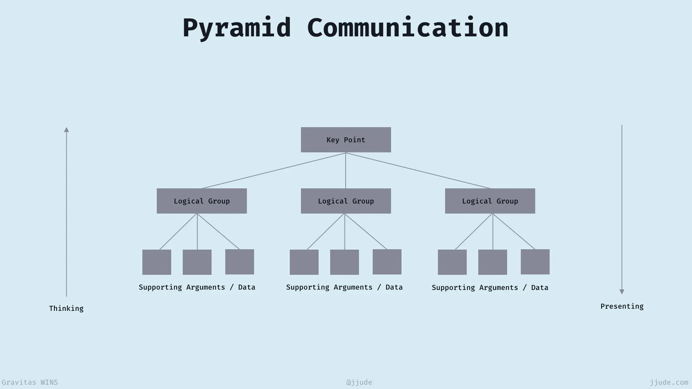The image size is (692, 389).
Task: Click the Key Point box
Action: click(x=346, y=140)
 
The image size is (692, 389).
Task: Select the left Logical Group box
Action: click(x=202, y=201)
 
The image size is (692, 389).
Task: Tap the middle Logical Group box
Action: click(x=346, y=201)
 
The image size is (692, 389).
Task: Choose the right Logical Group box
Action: click(x=490, y=201)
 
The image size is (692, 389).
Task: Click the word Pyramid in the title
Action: click(x=236, y=28)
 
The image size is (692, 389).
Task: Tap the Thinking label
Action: click(x=66, y=309)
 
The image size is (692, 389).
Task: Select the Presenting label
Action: click(x=622, y=307)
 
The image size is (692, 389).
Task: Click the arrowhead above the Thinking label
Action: click(x=66, y=130)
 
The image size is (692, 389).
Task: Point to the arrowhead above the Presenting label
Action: click(x=622, y=292)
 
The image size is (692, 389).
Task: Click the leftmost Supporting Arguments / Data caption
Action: click(x=197, y=287)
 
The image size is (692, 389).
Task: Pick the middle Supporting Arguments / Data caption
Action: click(x=345, y=287)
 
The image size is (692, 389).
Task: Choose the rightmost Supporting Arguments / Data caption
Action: click(x=490, y=288)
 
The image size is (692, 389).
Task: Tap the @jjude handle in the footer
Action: click(x=359, y=383)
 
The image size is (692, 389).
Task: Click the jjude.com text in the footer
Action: click(x=669, y=383)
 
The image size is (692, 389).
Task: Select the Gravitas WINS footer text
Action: click(x=30, y=383)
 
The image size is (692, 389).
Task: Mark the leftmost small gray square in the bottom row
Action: click(x=157, y=262)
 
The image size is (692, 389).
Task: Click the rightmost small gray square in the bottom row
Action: click(x=535, y=262)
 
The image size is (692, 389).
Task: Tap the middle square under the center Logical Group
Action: click(x=345, y=262)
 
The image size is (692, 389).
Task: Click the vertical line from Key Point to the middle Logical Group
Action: click(x=346, y=171)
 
